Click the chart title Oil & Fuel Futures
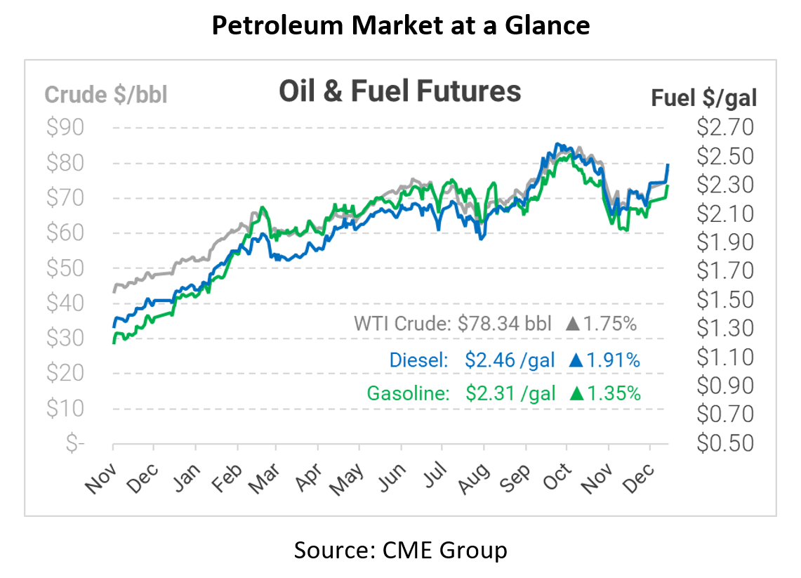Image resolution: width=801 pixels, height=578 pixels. pos(400,91)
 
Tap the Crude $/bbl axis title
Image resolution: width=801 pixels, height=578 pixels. pos(106,95)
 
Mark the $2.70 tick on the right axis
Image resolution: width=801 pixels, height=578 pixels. pos(724,128)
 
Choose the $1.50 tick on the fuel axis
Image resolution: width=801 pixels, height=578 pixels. pos(724,300)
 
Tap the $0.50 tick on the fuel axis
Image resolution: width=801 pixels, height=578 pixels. pos(724,443)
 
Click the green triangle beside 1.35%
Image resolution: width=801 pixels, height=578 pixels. pos(577,393)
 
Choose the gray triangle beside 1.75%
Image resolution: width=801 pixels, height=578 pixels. pos(573,324)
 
